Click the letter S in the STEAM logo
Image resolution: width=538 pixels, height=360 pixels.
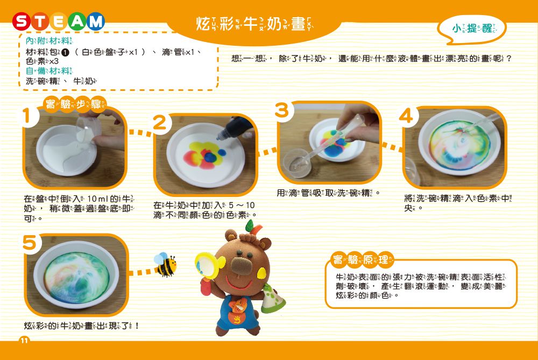(22, 22)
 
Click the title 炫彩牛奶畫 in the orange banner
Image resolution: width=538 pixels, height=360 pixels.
(253, 24)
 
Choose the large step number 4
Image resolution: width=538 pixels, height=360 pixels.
(407, 116)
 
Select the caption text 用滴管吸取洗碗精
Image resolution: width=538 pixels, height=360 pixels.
(329, 193)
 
